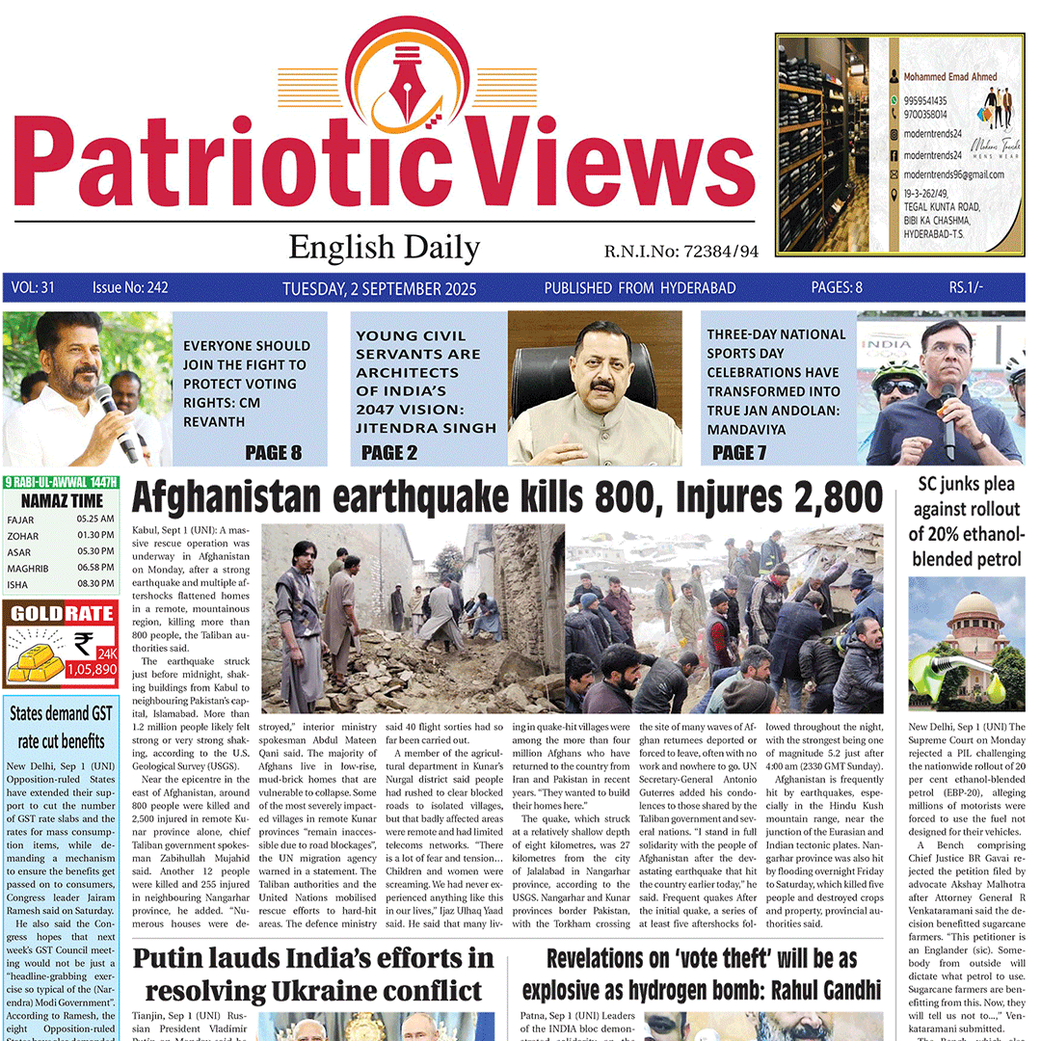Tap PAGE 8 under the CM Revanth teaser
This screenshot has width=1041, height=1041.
[x=273, y=452]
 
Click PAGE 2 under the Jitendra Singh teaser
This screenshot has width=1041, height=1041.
[x=389, y=452]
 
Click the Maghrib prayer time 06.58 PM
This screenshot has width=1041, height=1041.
[x=95, y=568]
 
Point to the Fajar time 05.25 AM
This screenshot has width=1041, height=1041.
[x=95, y=520]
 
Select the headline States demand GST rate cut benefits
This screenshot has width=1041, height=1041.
[x=61, y=728]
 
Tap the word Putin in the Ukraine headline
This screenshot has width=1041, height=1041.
[x=173, y=957]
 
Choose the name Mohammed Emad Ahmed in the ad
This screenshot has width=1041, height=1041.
[x=950, y=76]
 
